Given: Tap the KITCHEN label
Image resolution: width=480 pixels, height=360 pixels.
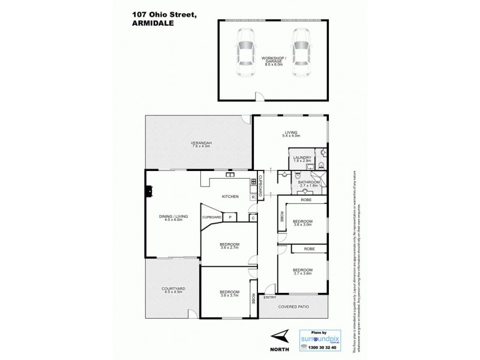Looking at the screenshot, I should (x=231, y=197).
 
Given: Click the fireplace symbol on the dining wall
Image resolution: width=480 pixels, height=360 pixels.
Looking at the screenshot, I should (x=148, y=191).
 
